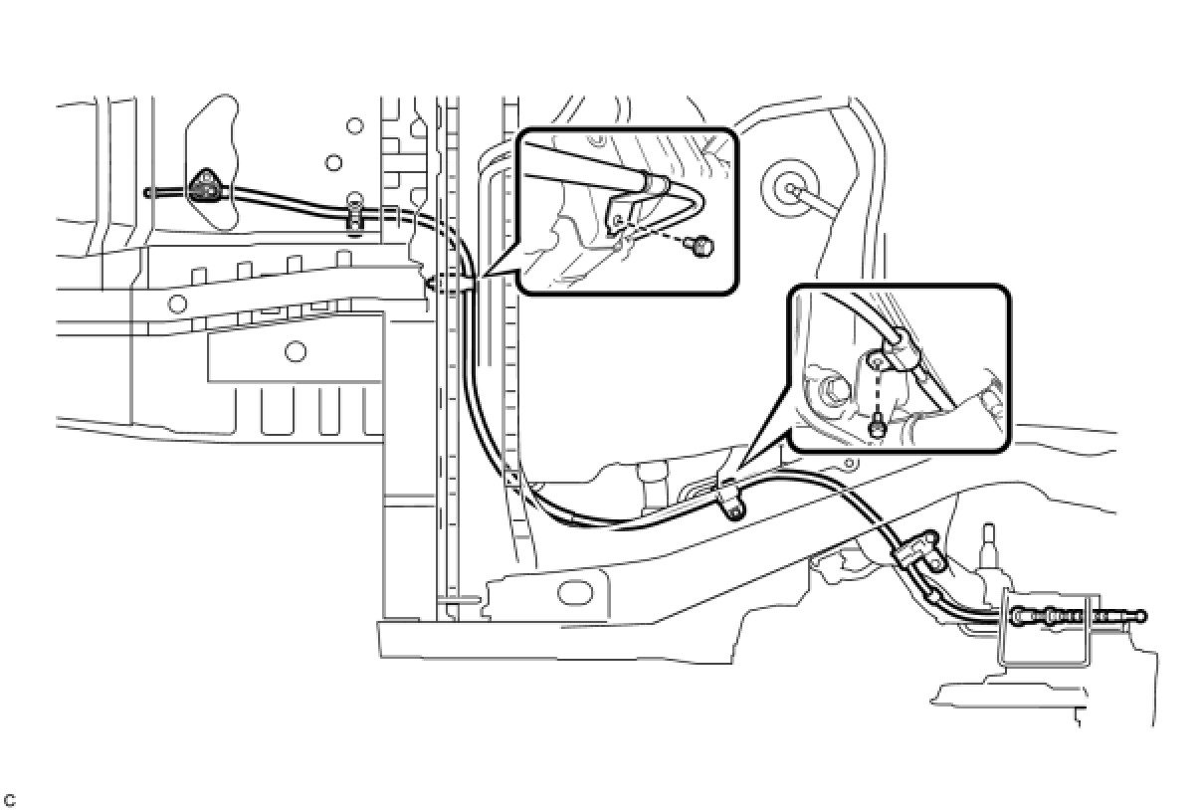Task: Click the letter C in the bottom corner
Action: [10, 800]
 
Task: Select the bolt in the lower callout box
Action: [877, 428]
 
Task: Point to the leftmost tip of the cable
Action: [147, 192]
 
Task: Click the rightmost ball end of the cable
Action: [1142, 616]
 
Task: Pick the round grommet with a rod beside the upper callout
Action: [789, 185]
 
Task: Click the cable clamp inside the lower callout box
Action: [896, 351]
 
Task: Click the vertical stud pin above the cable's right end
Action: [990, 543]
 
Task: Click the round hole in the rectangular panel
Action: [295, 350]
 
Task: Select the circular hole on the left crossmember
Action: [177, 302]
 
